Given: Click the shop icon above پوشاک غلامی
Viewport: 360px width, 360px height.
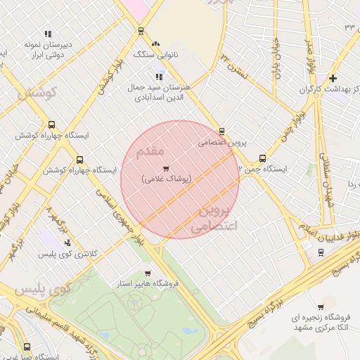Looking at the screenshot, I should coord(166,168).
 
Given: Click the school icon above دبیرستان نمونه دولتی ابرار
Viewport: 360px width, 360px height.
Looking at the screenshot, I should coord(48,33).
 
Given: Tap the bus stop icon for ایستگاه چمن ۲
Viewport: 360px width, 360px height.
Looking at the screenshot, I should coord(262,158).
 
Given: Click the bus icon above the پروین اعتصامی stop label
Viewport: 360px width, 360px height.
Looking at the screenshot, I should coord(222,131).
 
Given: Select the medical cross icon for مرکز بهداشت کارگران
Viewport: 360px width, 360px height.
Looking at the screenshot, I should coord(333,78).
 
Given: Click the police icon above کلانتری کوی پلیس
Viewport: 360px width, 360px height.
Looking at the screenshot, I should coord(67,243).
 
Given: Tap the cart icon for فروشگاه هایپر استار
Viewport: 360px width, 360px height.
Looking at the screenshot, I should coord(147,273).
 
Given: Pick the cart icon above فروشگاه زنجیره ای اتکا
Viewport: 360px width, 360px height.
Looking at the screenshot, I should coord(321,307).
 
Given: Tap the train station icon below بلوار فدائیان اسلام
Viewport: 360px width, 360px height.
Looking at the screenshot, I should coord(306,244).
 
